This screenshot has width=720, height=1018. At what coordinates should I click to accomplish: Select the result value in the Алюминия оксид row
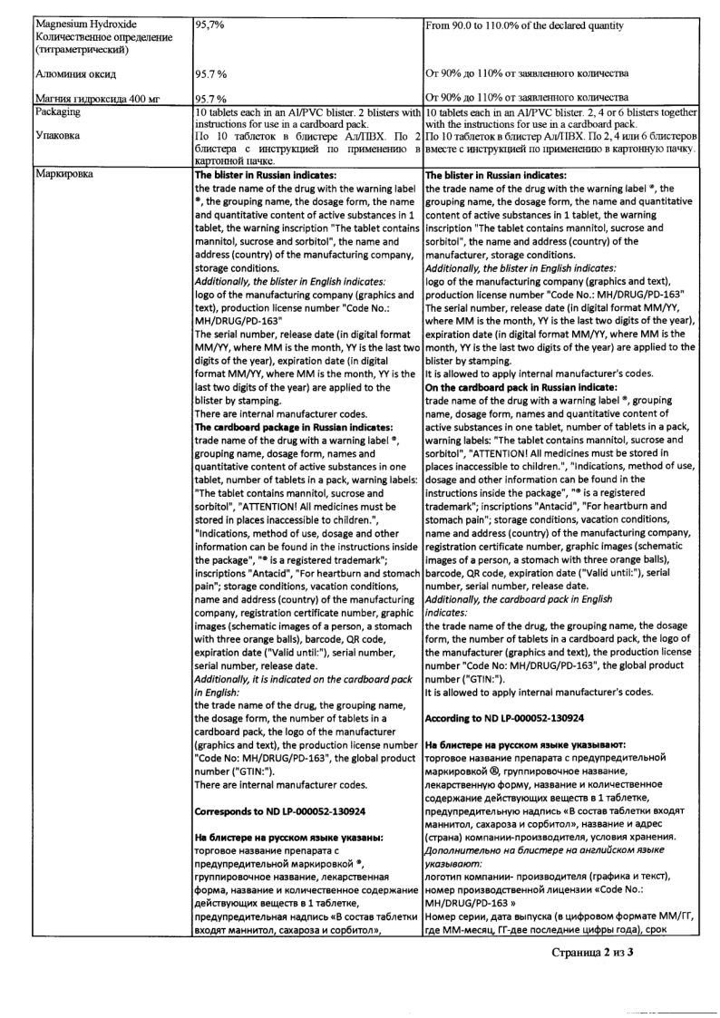(213, 73)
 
